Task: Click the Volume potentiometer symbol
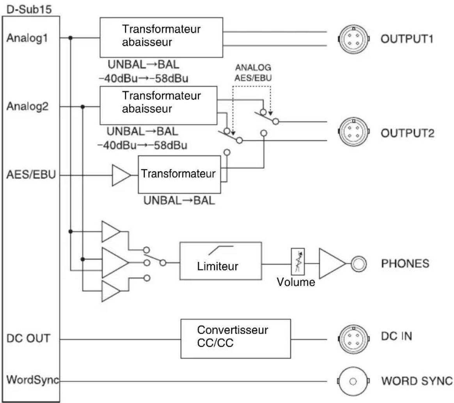tap(298, 262)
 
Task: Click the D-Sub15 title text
tap(29, 10)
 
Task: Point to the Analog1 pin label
tap(27, 38)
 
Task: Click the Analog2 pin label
tap(28, 106)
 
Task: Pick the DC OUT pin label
tap(28, 338)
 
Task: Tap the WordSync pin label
tap(33, 380)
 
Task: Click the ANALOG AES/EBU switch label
tap(253, 73)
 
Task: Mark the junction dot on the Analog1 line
tap(70, 38)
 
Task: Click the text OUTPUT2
tap(407, 133)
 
